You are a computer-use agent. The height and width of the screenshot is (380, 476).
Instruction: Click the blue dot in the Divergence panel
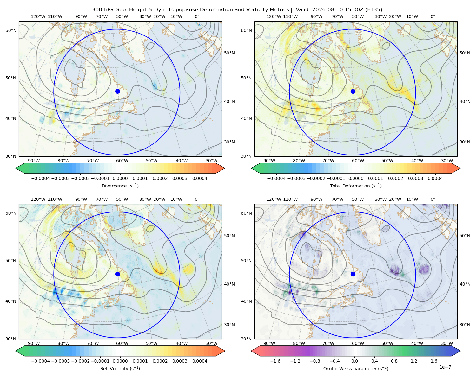click(117, 91)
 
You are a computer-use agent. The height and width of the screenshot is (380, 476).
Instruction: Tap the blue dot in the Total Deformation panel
click(353, 91)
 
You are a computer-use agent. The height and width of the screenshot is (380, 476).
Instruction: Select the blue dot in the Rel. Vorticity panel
click(117, 274)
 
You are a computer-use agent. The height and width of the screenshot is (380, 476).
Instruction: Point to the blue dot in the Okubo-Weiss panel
click(353, 274)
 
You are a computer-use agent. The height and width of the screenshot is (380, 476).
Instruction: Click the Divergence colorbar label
click(120, 186)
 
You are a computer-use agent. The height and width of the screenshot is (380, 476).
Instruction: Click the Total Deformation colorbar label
click(356, 186)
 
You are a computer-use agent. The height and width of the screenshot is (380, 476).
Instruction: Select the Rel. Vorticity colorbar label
click(120, 368)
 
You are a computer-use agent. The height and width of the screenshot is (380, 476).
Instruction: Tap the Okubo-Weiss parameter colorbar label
click(356, 368)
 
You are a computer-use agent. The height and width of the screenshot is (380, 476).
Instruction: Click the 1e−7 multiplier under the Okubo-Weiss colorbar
click(445, 367)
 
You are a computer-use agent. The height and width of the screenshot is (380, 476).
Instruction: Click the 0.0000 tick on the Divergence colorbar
click(120, 178)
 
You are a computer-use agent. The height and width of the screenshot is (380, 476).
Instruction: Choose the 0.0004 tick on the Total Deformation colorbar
click(435, 178)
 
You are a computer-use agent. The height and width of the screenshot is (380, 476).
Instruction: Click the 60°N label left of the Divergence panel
click(11, 30)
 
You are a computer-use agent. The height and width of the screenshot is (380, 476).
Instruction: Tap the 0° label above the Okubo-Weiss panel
click(433, 199)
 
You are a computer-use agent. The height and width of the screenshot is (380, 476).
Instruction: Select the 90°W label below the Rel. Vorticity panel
click(34, 343)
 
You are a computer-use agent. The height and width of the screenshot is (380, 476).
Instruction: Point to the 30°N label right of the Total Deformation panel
click(465, 142)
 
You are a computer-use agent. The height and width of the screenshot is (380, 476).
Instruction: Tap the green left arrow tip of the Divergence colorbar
click(16, 168)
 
